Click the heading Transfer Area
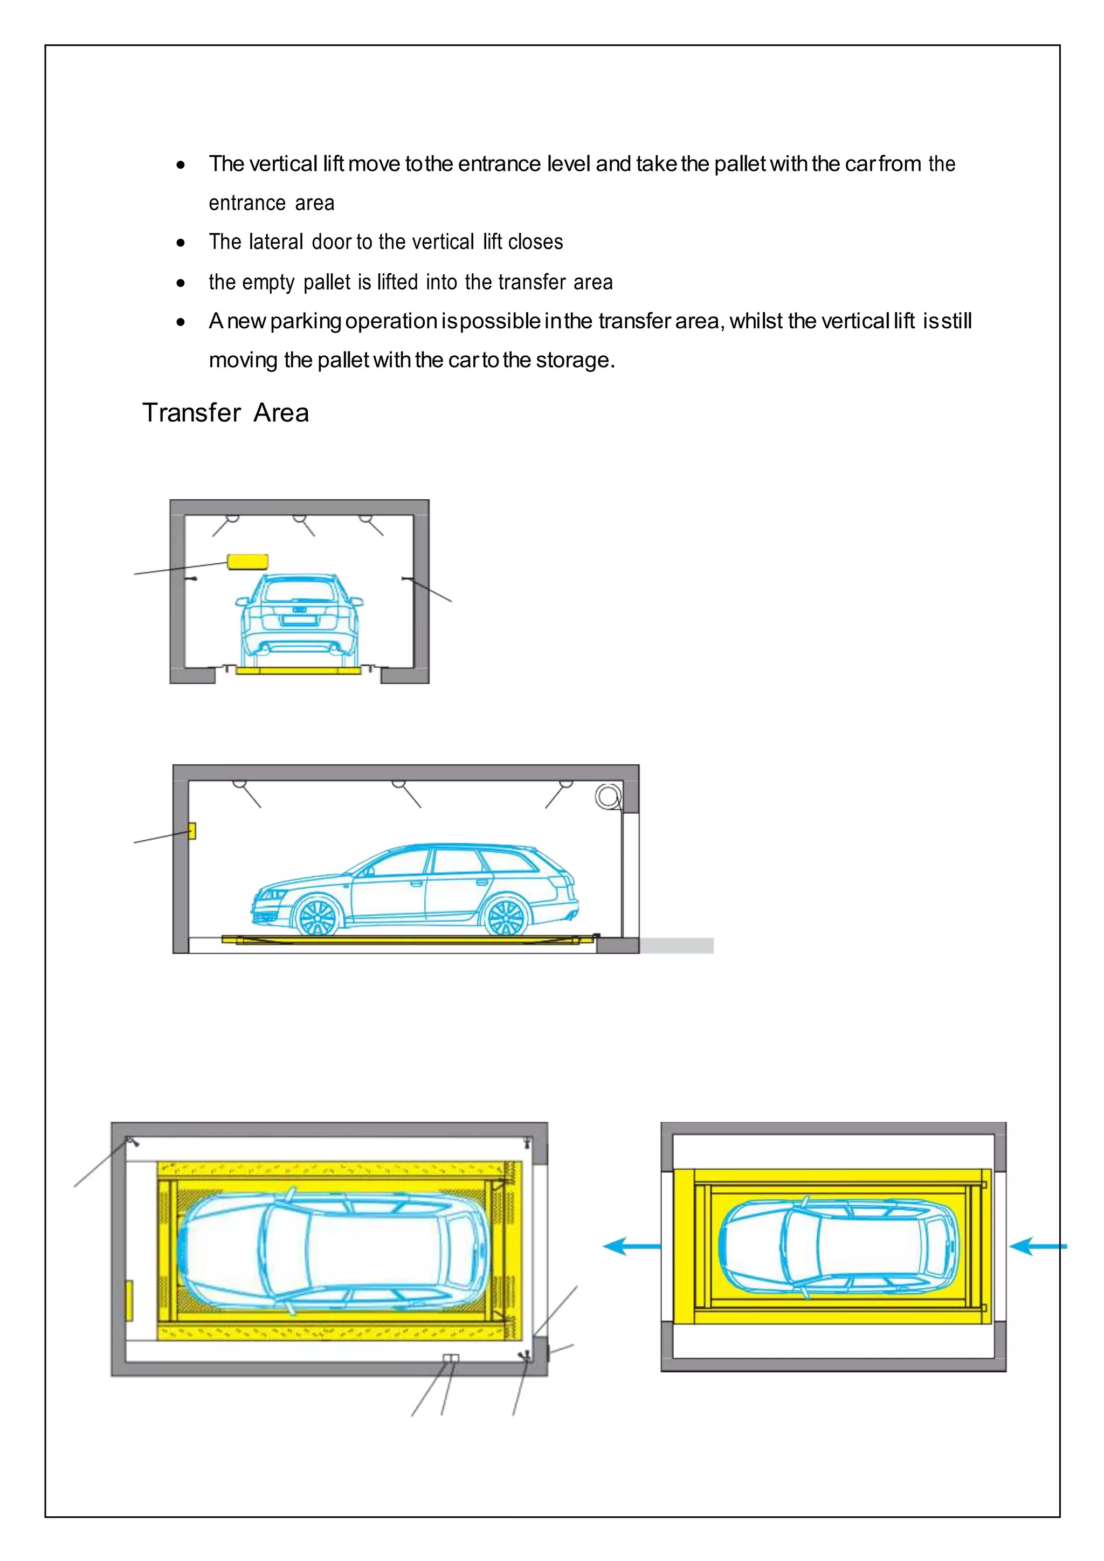(x=226, y=413)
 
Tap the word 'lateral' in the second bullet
(x=275, y=242)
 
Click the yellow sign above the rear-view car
(x=247, y=561)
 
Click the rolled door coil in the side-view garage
(x=608, y=796)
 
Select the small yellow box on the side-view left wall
(x=192, y=831)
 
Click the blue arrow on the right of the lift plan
(x=1037, y=1246)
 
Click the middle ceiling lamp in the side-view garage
(x=399, y=785)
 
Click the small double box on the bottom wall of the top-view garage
(x=450, y=1358)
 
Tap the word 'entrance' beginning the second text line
(x=247, y=203)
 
